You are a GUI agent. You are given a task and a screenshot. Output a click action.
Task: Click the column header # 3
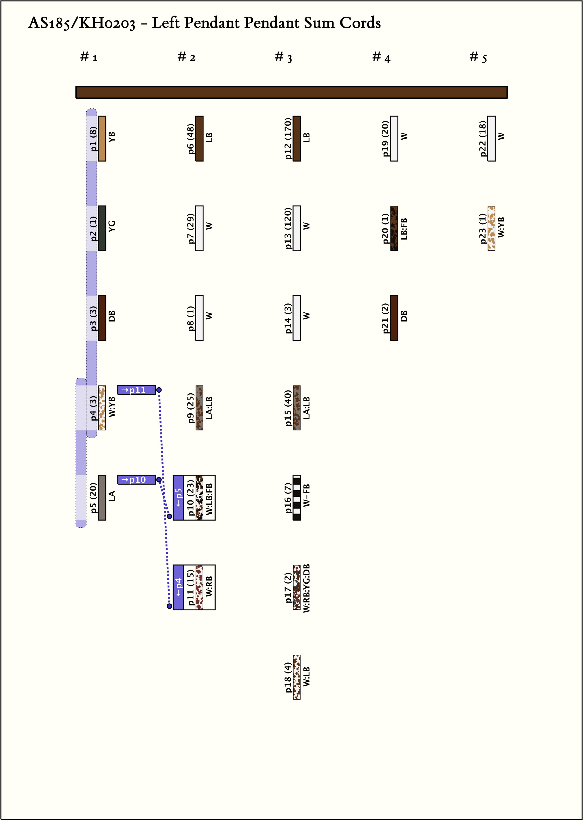(x=283, y=57)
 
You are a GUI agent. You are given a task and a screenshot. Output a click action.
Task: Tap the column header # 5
(x=478, y=57)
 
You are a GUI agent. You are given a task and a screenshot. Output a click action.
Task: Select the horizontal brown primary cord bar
(x=291, y=92)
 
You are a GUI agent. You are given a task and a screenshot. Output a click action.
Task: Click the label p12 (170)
(x=288, y=138)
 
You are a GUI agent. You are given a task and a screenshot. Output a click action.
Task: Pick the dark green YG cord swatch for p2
(x=102, y=228)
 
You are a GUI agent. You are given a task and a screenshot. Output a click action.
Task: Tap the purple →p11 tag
(x=136, y=390)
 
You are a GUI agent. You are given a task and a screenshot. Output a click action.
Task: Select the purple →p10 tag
(x=136, y=480)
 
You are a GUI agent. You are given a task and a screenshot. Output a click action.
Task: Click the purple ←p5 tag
(x=178, y=498)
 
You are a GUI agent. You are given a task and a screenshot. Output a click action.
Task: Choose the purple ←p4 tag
(x=178, y=587)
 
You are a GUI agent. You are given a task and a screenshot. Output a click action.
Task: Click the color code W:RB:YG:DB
(x=306, y=588)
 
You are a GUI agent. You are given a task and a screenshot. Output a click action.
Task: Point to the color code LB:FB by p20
(x=404, y=228)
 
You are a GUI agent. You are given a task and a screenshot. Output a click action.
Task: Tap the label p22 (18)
(x=483, y=138)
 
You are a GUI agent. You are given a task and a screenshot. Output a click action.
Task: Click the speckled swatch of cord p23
(x=491, y=228)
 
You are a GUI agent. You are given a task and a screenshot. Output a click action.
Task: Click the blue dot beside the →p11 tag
(x=159, y=390)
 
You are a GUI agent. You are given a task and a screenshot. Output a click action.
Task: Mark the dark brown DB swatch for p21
(x=394, y=318)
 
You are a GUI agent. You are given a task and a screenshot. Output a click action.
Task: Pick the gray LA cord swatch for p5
(x=102, y=498)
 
